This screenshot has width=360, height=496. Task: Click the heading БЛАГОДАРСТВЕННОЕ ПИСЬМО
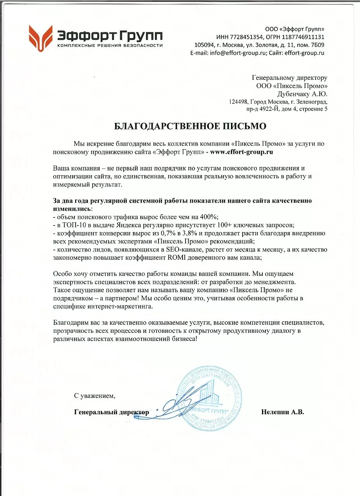click(x=190, y=127)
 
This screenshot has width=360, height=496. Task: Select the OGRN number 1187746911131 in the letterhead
click(x=301, y=37)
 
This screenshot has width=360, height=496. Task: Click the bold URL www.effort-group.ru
click(x=242, y=152)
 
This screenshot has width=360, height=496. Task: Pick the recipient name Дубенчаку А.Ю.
click(x=302, y=94)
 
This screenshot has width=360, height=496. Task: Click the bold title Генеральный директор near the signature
click(x=112, y=412)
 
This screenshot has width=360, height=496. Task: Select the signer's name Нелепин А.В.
click(x=282, y=412)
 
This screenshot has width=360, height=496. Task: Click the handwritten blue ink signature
click(x=176, y=405)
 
